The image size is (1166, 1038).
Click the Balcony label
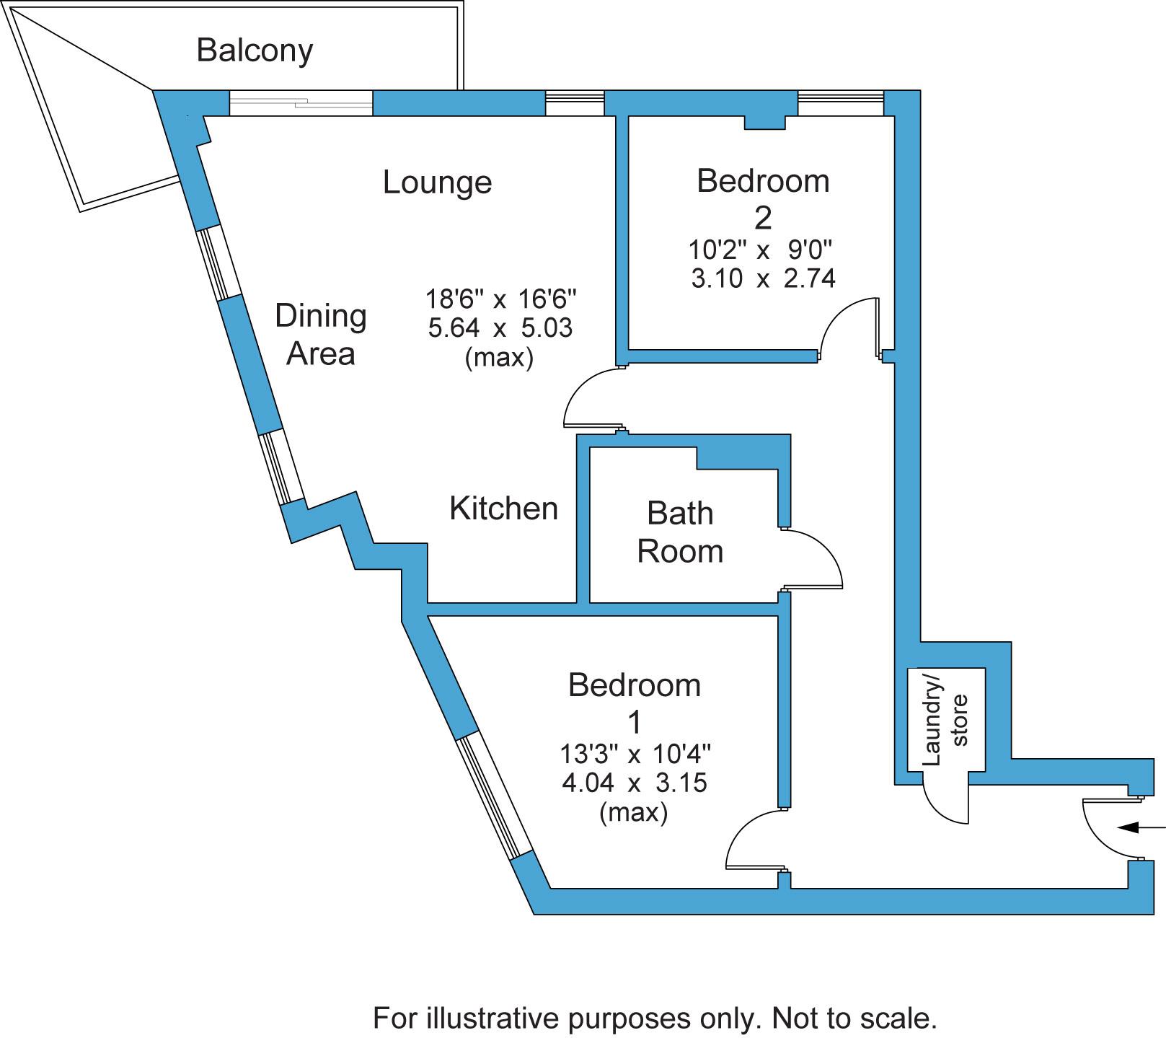click(255, 50)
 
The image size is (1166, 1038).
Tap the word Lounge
click(437, 182)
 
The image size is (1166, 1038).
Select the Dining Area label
click(321, 335)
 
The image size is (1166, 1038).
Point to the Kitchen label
click(503, 509)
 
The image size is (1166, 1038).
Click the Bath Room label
click(680, 532)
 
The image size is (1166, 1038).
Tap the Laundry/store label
click(945, 719)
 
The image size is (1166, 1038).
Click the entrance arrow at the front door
click(1140, 827)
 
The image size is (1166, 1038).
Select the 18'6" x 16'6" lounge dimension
click(501, 298)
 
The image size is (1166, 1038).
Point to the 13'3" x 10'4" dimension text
click(635, 755)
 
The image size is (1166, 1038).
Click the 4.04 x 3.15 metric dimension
click(635, 783)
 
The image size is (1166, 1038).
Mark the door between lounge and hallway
click(592, 399)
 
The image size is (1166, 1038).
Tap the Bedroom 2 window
click(840, 103)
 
